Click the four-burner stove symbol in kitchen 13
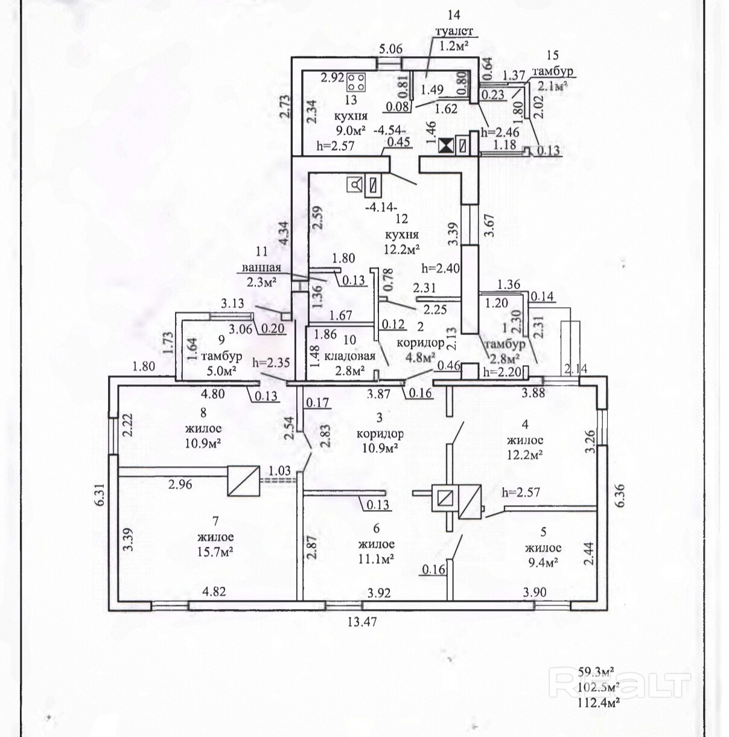coord(357,81)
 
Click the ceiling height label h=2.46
coord(500,132)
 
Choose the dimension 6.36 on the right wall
coord(620,495)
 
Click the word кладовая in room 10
coord(349,357)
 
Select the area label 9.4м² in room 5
coord(543,562)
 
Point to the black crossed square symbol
coord(445,146)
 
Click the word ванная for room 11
coord(262,268)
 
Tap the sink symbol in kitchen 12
coord(355,185)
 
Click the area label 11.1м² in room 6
coord(377,560)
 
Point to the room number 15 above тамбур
coord(553,55)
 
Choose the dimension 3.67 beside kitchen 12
coord(490,227)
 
